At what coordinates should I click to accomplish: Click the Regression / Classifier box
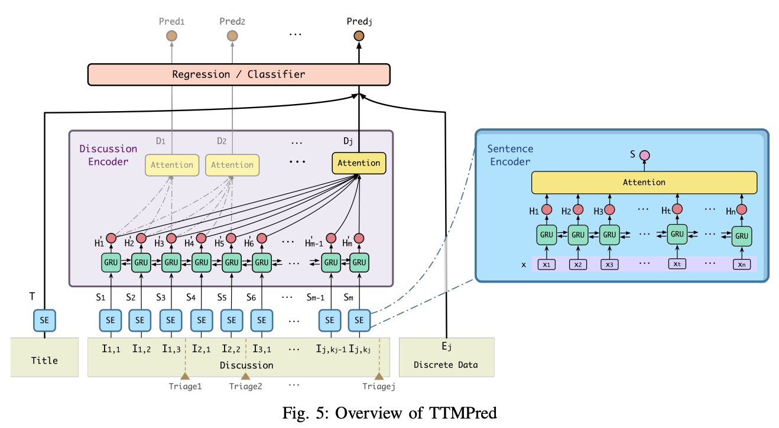[x=238, y=74]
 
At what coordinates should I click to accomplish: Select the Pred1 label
[x=171, y=21]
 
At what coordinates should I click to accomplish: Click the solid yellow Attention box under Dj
[x=359, y=163]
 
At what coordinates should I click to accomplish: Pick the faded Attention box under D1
[x=172, y=165]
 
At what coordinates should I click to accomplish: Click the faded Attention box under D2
[x=232, y=165]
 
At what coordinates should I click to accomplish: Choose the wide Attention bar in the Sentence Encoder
[x=644, y=183]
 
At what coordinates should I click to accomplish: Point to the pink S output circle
[x=644, y=155]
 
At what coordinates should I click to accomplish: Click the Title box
[x=44, y=357]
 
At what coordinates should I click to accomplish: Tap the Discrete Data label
[x=446, y=365]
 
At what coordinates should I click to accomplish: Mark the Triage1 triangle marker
[x=185, y=376]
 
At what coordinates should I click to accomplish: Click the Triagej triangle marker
[x=379, y=376]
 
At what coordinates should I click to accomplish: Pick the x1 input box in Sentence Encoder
[x=547, y=264]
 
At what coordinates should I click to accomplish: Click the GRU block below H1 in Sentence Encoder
[x=547, y=235]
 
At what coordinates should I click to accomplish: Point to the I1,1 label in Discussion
[x=111, y=349]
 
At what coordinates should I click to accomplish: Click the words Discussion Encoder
[x=108, y=154]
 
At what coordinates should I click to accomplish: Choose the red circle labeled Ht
[x=677, y=209]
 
